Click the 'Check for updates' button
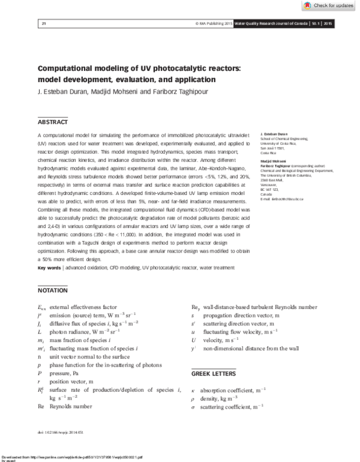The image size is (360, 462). tap(329, 5)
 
